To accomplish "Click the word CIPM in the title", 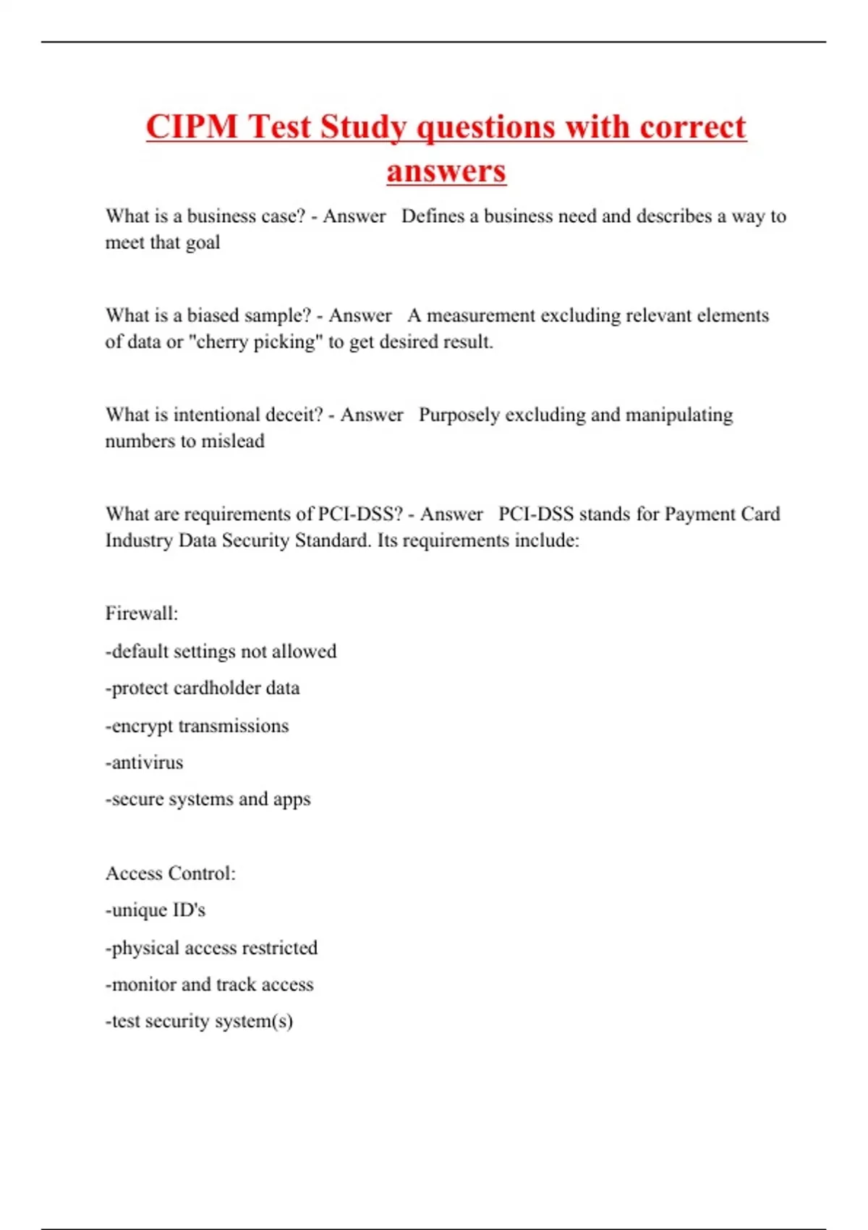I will click(x=192, y=127).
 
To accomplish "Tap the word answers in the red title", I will click(x=446, y=171).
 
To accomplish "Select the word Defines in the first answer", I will click(x=433, y=216).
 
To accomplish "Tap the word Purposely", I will click(x=459, y=415).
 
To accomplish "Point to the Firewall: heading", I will click(x=142, y=614).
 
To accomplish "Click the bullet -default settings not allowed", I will click(x=221, y=651).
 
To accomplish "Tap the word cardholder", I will click(x=216, y=688).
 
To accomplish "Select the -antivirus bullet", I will click(x=144, y=763).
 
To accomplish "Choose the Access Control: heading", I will click(x=171, y=873).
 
